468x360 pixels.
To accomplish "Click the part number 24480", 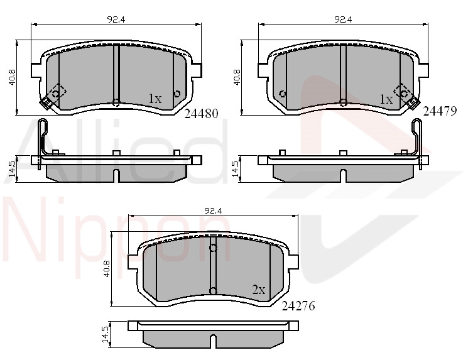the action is pyautogui.click(x=202, y=114).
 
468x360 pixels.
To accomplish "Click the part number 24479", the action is pyautogui.click(x=440, y=111).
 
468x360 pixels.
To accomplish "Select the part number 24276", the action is pyautogui.click(x=298, y=306).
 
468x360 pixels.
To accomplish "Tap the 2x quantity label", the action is pyautogui.click(x=259, y=290).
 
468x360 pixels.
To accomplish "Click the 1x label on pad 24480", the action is pyautogui.click(x=155, y=99).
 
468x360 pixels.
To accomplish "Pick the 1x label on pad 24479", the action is pyautogui.click(x=386, y=99).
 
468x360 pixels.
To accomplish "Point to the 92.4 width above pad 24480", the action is pyautogui.click(x=116, y=19).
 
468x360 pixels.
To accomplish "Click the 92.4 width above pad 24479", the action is pyautogui.click(x=343, y=19).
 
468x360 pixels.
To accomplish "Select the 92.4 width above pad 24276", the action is pyautogui.click(x=213, y=210).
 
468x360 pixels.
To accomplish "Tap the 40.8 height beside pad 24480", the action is pyautogui.click(x=12, y=78).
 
